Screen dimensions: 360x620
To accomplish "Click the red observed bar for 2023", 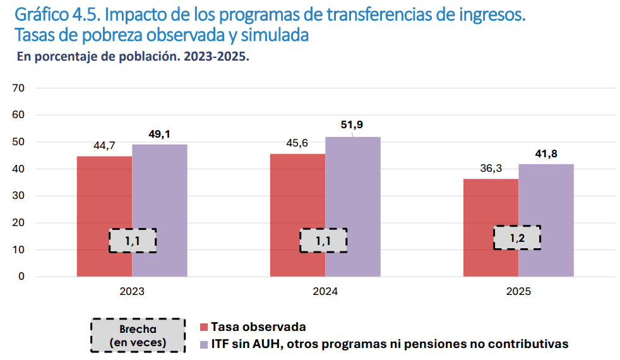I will point(104,196).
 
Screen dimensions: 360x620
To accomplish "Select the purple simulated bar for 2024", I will point(353,189).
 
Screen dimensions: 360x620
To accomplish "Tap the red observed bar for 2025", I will point(491,208).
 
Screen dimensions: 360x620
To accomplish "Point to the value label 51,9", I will point(352,124).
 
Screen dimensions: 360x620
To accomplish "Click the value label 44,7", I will point(104,146).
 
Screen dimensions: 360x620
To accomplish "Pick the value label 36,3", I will point(491,169).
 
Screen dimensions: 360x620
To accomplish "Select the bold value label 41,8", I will point(546,153).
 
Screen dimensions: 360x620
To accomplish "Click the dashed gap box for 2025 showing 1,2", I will point(517,237).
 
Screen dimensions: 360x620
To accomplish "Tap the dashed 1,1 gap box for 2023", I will point(132,241).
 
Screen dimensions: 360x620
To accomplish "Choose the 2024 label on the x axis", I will point(325,292).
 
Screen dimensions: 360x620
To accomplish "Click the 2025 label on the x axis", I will point(518,292).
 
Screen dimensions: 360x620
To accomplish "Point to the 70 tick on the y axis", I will point(18,88).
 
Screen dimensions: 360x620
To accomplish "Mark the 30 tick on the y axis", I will point(18,196).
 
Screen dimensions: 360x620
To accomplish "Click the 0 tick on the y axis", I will point(21,277).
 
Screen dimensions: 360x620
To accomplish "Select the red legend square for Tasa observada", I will point(203,327).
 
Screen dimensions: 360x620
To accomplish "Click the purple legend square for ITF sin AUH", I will point(203,344).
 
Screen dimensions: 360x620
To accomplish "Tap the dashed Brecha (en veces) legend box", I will point(138,335).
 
